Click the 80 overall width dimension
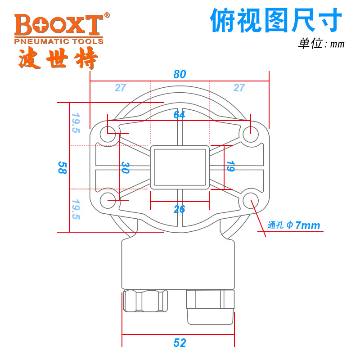tap(180, 74)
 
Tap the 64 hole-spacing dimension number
tap(179, 115)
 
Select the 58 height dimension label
tap(62, 167)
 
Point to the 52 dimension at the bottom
tap(180, 343)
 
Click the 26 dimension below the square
tap(179, 209)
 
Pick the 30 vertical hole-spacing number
tap(126, 167)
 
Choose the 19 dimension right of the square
tap(230, 166)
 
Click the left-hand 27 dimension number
tap(121, 87)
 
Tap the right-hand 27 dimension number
tap(239, 87)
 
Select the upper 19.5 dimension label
tap(76, 123)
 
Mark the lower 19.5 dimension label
tap(76, 209)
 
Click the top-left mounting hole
tap(108, 134)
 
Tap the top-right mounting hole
tap(251, 134)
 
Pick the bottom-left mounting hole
tap(108, 201)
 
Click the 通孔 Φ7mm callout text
tap(294, 225)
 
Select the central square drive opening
tap(180, 167)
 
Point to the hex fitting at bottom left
tap(145, 301)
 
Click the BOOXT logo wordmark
tap(59, 25)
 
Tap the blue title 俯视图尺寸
tap(276, 20)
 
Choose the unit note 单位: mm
tap(321, 43)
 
